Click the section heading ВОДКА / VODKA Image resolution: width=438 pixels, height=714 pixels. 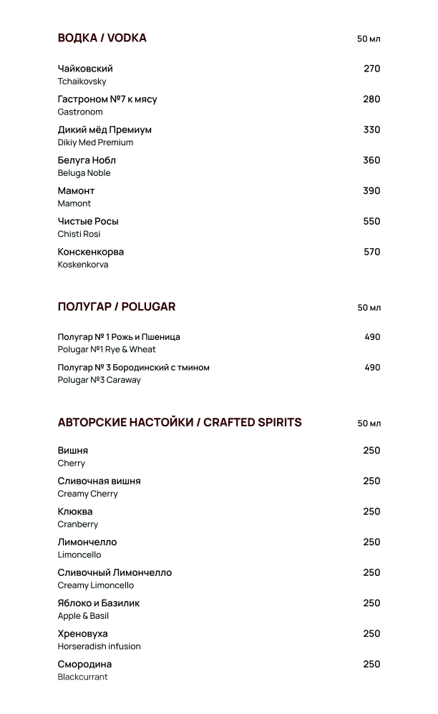click(102, 38)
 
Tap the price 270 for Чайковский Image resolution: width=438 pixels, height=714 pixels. click(371, 69)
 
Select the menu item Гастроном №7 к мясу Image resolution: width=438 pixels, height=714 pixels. click(107, 99)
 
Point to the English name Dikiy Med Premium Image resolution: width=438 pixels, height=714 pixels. click(95, 142)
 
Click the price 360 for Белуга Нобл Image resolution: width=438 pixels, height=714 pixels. click(371, 160)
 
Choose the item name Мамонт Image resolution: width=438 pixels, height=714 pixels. click(76, 191)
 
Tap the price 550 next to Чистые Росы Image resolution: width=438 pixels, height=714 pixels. click(371, 221)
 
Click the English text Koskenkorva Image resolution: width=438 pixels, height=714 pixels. click(83, 265)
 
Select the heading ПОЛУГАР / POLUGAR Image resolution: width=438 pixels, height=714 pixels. click(117, 307)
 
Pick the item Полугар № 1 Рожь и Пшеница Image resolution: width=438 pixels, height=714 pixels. click(119, 337)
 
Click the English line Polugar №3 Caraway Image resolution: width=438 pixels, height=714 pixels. click(99, 380)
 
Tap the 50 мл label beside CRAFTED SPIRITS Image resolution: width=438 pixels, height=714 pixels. click(369, 424)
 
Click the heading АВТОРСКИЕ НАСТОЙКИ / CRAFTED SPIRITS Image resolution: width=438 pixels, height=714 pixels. click(180, 422)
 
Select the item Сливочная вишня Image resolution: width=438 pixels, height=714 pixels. click(99, 481)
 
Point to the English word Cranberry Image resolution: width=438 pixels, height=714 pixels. click(78, 524)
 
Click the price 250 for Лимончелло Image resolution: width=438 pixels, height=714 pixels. click(371, 542)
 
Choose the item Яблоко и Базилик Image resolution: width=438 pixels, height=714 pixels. click(99, 603)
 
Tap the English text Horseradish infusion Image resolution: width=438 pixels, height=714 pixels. click(99, 646)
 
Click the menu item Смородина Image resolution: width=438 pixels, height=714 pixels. click(84, 664)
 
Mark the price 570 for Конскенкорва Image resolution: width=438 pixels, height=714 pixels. click(371, 252)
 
